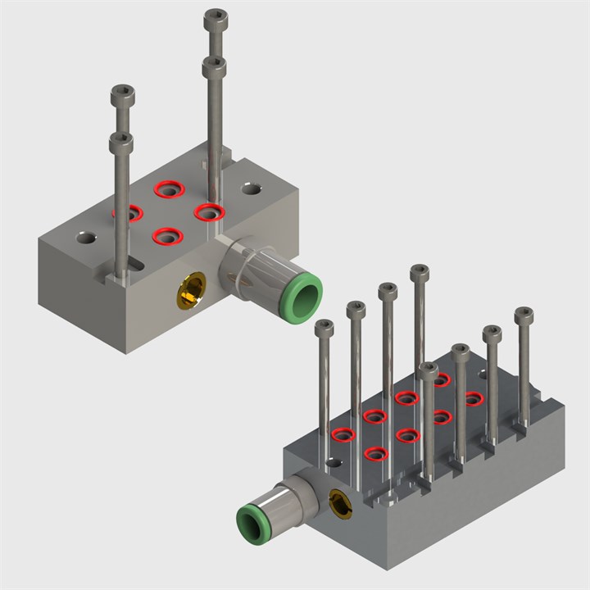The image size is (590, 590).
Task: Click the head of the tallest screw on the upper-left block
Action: coord(216,16)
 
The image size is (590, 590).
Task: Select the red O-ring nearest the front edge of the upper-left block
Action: coord(167,236)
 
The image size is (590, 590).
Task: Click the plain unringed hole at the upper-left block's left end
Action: coord(86,238)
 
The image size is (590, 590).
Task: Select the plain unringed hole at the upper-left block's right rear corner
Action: coord(252,189)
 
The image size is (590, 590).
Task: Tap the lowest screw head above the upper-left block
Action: coord(121,143)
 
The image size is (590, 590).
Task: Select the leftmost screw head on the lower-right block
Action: coord(324,328)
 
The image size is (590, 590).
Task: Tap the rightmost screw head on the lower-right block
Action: coord(524,315)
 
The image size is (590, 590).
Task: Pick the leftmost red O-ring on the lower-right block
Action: coord(343,434)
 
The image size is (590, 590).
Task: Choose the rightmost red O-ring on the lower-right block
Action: coord(474,398)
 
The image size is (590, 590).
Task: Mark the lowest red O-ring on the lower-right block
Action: coord(375,452)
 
